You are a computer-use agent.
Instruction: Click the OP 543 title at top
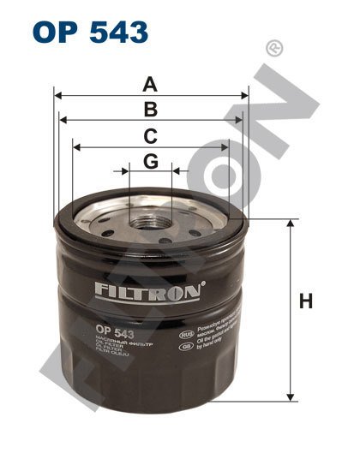[x=89, y=33]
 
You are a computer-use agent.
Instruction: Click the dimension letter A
[x=150, y=84]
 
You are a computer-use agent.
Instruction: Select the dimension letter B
[x=150, y=109]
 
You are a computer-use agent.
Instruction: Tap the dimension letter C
[x=150, y=134]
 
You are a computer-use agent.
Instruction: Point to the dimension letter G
[x=150, y=160]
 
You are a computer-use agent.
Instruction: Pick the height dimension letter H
[x=306, y=302]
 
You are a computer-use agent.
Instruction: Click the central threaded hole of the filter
[x=150, y=224]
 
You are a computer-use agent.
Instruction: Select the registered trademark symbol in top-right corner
[x=274, y=47]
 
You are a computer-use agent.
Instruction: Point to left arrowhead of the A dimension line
[x=57, y=96]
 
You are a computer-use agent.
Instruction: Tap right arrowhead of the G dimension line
[x=175, y=170]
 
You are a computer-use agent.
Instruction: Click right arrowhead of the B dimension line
[x=240, y=121]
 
